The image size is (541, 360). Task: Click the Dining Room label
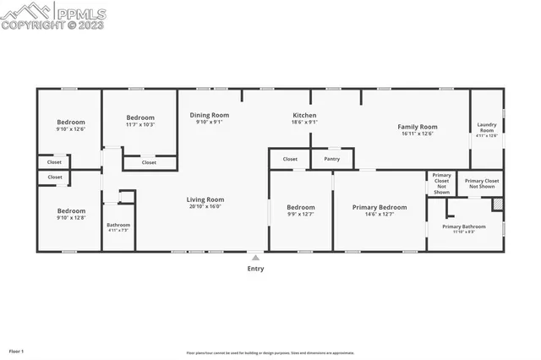(208, 115)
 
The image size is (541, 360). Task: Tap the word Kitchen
(304, 115)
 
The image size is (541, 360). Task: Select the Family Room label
(416, 127)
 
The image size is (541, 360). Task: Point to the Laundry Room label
(487, 127)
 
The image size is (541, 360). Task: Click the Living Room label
(205, 199)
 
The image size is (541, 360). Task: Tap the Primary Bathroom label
(463, 226)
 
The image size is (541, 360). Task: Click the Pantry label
(332, 159)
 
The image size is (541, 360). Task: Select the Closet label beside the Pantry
(290, 159)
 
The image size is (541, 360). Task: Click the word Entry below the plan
(255, 269)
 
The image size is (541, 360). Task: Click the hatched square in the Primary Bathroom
(498, 204)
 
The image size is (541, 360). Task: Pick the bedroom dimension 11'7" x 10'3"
(140, 125)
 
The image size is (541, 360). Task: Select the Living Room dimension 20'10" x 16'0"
(205, 207)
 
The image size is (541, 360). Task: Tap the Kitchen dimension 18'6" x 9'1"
(304, 123)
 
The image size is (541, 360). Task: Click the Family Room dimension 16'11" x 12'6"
(416, 134)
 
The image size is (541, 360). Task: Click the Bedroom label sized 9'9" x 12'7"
(300, 207)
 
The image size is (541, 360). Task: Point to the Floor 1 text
(17, 351)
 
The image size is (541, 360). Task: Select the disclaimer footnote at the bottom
(270, 352)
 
